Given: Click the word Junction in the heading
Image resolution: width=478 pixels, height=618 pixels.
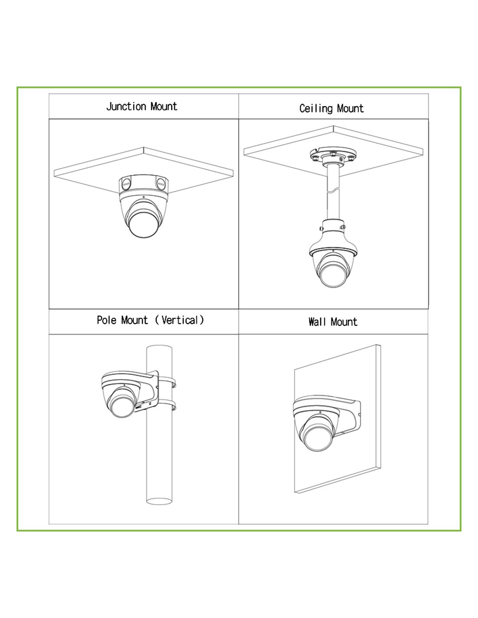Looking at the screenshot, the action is click(126, 107).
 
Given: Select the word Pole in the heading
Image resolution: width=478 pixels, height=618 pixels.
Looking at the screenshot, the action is click(106, 321).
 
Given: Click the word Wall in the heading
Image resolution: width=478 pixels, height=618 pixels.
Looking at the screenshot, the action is click(317, 322).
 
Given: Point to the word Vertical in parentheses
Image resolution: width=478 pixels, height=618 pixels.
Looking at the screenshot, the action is click(179, 321).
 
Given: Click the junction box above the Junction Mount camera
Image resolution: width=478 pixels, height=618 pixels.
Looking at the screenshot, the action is click(143, 184).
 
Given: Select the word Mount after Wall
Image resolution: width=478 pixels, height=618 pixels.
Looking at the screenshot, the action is click(344, 322).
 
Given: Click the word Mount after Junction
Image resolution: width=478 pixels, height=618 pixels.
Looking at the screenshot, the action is click(164, 107).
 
